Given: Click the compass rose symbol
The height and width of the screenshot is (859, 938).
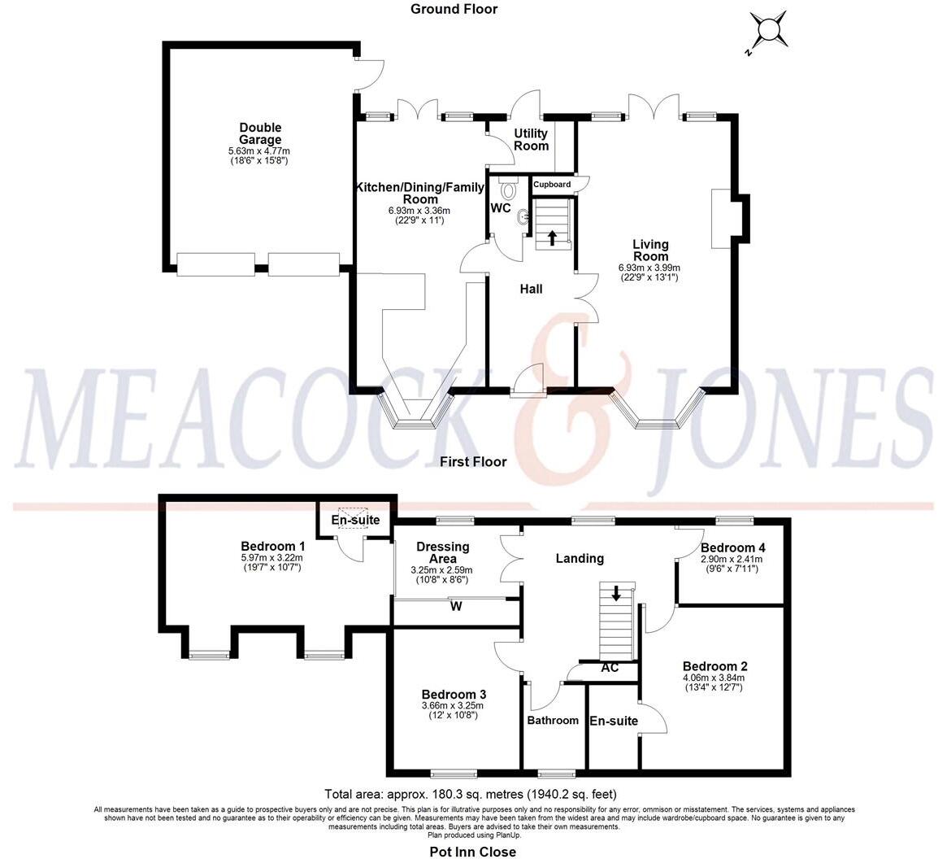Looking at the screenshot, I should click(767, 32).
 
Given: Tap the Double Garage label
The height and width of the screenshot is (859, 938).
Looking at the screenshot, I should click(260, 133).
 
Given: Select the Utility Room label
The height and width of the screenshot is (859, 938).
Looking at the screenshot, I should click(532, 139).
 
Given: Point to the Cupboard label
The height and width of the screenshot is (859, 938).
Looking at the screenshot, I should click(552, 185).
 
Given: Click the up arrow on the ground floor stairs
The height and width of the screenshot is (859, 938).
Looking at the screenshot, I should click(553, 238).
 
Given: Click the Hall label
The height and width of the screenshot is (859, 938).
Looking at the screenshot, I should click(531, 289).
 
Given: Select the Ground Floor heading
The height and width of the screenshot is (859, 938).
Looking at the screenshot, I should click(454, 9).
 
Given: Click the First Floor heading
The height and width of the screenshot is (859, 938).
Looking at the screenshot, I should click(473, 462).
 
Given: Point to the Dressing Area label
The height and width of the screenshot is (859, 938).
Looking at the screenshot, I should click(442, 552).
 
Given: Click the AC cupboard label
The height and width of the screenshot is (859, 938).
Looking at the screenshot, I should click(610, 668).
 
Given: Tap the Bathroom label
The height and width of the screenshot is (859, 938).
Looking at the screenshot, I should click(553, 720).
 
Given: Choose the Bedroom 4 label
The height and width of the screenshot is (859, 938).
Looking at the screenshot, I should click(732, 547).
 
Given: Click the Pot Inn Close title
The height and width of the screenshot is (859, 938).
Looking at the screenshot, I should click(472, 852).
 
